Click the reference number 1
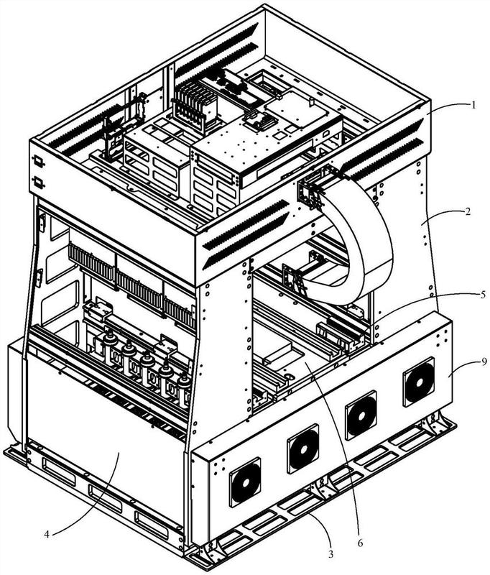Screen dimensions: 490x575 pos(473,105)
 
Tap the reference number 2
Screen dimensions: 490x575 pos(468,211)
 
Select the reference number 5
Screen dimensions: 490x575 pos(473,294)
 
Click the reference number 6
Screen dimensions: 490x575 pos(359,542)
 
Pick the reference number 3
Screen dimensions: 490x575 pos(331,554)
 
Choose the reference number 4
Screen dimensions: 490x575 pos(47,534)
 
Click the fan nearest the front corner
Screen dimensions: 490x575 pos(245,482)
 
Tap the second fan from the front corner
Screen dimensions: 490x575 pos(302,448)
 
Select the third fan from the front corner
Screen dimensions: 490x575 pos(361,415)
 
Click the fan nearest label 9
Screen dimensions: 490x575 pos(419,382)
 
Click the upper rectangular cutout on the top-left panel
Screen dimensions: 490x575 pos(39,161)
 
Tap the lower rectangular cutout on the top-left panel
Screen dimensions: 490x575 pos(39,183)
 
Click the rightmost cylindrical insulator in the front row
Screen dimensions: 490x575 pos(184,389)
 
